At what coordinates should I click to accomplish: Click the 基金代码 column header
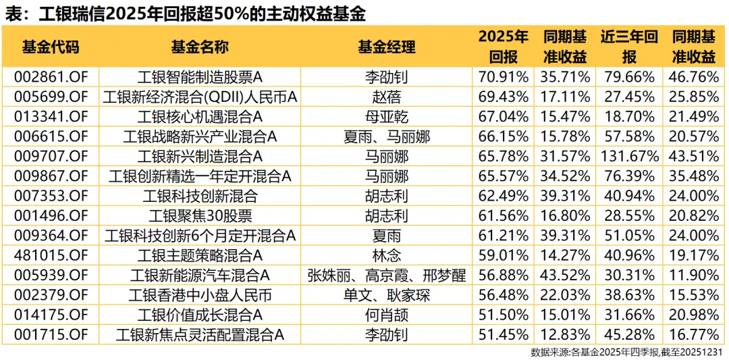point(51,47)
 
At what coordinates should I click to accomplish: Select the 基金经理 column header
point(387,47)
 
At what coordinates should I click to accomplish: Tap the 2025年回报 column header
point(504,46)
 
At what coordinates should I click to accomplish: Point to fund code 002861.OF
point(51,76)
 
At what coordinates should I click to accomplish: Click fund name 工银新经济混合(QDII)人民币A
point(200,97)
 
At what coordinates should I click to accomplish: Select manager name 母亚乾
point(387,117)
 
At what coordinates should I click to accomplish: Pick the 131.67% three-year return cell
point(628,157)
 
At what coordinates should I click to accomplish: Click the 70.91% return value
point(504,76)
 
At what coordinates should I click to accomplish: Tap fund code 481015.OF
point(51,255)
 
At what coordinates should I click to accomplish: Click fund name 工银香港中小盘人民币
point(200,295)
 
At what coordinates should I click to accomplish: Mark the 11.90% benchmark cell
point(694,276)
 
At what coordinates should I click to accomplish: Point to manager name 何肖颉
point(387,315)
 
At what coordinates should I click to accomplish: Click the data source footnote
point(628,352)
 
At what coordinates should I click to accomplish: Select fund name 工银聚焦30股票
point(200,216)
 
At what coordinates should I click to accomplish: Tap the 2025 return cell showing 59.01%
point(504,255)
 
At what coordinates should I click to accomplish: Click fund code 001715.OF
point(51,334)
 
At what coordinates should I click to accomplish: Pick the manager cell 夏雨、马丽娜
point(387,137)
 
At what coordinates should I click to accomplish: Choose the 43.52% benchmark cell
point(566,276)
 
